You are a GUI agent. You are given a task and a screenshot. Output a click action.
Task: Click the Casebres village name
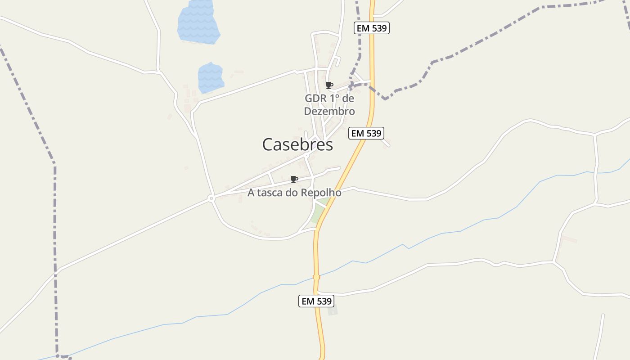297,144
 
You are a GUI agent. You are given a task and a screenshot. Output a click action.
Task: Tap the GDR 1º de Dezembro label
329,105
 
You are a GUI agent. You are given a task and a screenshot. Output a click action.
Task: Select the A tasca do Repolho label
294,193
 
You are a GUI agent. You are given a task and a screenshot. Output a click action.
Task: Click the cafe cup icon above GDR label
329,85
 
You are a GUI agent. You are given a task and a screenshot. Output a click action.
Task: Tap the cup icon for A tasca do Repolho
294,180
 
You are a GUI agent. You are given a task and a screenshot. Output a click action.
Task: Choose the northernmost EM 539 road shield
371,28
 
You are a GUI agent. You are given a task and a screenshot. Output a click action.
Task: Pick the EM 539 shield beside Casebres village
366,133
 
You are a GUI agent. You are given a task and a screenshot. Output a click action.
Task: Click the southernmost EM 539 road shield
316,301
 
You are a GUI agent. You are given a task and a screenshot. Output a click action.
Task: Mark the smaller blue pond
211,78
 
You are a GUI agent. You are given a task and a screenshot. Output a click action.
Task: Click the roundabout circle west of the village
211,198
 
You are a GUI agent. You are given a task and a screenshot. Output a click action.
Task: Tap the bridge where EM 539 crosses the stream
316,277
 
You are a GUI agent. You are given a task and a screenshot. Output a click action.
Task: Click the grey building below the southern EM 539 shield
333,310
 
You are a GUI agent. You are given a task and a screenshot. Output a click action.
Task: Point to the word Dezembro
329,111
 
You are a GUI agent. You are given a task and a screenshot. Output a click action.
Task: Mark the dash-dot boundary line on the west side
55,225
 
